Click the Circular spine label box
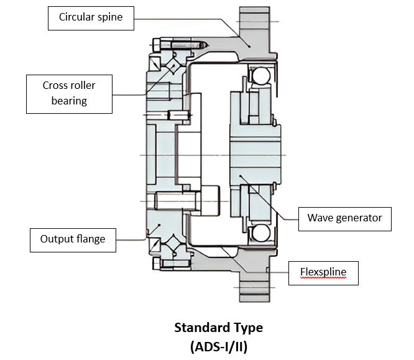90,17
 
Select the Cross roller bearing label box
69,93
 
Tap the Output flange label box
73,239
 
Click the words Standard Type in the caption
218,328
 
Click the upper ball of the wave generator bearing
258,76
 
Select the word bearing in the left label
69,101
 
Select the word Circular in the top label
76,17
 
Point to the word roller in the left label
83,86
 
